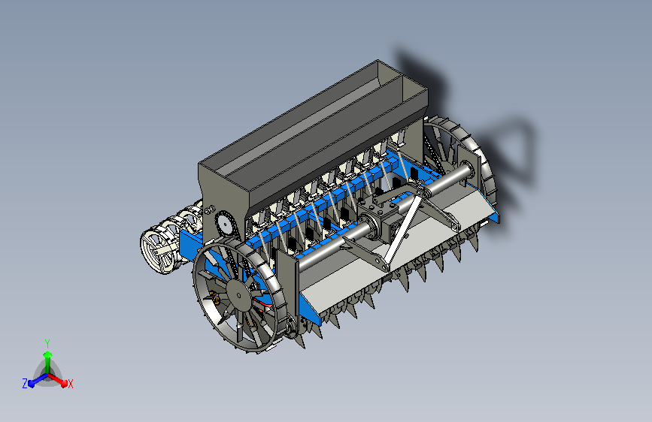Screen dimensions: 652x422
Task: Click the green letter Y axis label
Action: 47,343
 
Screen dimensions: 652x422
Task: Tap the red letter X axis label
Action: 70,384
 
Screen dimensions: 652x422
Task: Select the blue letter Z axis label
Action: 25,384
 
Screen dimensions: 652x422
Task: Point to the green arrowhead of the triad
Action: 47,354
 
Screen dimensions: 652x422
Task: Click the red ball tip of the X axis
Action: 64,384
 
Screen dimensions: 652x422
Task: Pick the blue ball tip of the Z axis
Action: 31,384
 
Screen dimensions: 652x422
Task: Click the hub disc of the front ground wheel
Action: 238,295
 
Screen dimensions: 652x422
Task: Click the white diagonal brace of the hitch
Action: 402,232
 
